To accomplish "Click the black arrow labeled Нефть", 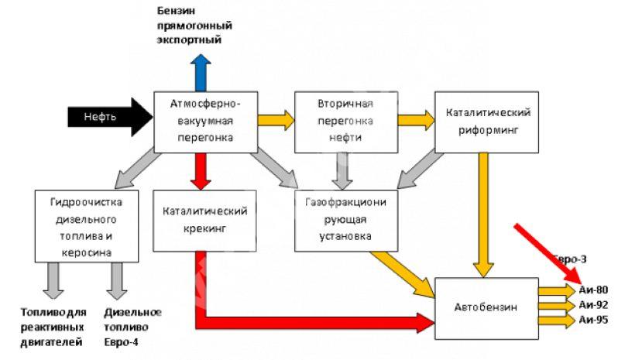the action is pos(110,117).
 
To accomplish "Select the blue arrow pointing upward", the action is pos(201,73).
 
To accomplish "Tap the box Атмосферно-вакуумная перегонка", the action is pos(205,122).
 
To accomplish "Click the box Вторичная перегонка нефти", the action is pos(346,122).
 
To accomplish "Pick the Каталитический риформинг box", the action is pos(486,122).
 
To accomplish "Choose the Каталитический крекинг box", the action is pos(204,221).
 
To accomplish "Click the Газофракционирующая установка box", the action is pos(346,221).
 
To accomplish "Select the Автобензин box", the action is pos(486,308).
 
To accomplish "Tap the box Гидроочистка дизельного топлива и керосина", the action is pos(87,226).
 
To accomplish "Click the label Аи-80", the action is pos(593,290).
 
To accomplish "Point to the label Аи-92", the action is pos(593,305).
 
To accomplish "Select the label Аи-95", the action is pos(593,320).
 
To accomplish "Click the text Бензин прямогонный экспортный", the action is pos(194,26).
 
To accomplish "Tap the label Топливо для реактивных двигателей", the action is pos(53,327).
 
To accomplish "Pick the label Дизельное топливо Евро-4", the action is pos(133,327).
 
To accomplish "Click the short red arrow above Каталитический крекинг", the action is pos(201,171).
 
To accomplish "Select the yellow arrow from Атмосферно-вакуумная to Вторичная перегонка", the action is pos(276,120).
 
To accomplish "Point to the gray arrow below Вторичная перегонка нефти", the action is pos(342,171).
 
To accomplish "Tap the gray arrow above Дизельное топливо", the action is pos(117,281).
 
